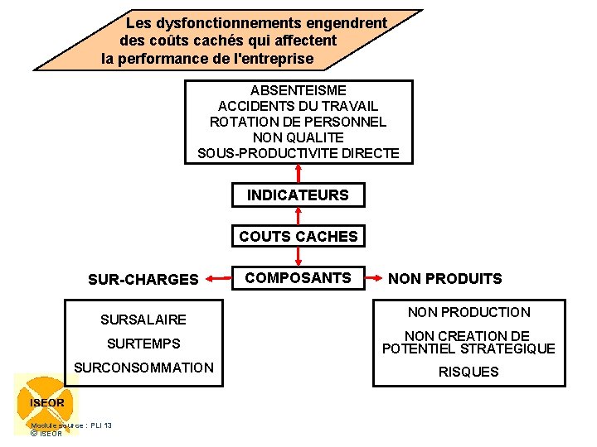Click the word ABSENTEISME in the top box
(298, 90)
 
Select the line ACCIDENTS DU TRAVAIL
(298, 106)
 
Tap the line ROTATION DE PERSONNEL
(298, 122)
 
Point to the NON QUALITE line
(298, 137)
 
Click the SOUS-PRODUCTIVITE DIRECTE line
(298, 153)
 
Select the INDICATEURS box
(298, 195)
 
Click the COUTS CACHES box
(298, 237)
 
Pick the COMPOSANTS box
(298, 278)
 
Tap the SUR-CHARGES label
(143, 280)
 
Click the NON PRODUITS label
(445, 279)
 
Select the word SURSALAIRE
(143, 320)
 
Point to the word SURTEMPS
(143, 344)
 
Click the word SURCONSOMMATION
(143, 368)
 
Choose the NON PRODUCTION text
(468, 312)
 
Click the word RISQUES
(468, 372)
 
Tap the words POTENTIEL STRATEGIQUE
(468, 349)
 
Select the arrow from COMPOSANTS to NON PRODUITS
(376, 279)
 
